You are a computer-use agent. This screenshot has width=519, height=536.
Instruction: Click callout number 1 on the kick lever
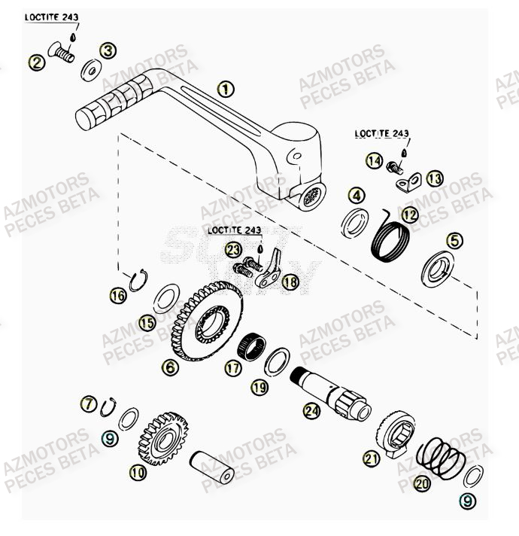pyautogui.click(x=225, y=89)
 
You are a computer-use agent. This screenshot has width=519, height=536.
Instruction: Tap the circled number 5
pyautogui.click(x=454, y=241)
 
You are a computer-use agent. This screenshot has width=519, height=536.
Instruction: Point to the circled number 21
pyautogui.click(x=372, y=458)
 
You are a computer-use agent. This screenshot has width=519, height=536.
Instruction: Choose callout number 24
pyautogui.click(x=311, y=410)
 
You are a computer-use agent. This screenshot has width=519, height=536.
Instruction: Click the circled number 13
pyautogui.click(x=435, y=178)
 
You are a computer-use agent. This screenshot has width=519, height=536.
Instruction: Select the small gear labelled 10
pyautogui.click(x=162, y=441)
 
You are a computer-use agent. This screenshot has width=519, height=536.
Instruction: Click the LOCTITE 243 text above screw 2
pyautogui.click(x=52, y=17)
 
